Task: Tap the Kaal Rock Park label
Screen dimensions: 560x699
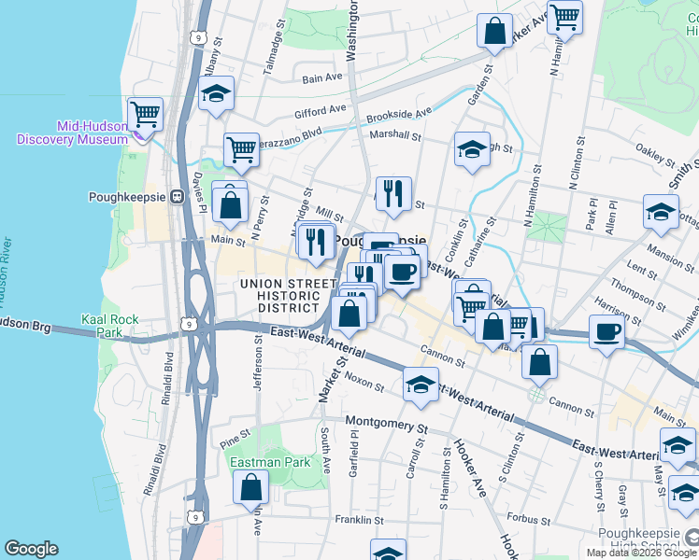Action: [x=109, y=326]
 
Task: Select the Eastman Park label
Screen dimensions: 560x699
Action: [x=270, y=462]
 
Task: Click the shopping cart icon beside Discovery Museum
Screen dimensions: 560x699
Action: [x=145, y=115]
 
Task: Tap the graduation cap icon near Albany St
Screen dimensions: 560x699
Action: [x=216, y=94]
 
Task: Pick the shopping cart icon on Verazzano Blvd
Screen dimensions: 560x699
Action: [x=242, y=148]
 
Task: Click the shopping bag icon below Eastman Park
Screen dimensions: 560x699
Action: [x=250, y=486]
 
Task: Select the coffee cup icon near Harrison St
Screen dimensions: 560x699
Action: [x=606, y=331]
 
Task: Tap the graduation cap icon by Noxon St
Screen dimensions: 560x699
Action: [x=421, y=384]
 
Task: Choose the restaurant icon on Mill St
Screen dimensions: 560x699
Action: [x=393, y=193]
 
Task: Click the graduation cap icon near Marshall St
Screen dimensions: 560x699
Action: [x=472, y=148]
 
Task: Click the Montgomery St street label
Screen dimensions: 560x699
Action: [x=385, y=423]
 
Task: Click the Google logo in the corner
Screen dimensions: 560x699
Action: [x=31, y=549]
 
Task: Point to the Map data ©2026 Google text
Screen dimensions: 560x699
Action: [x=641, y=553]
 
